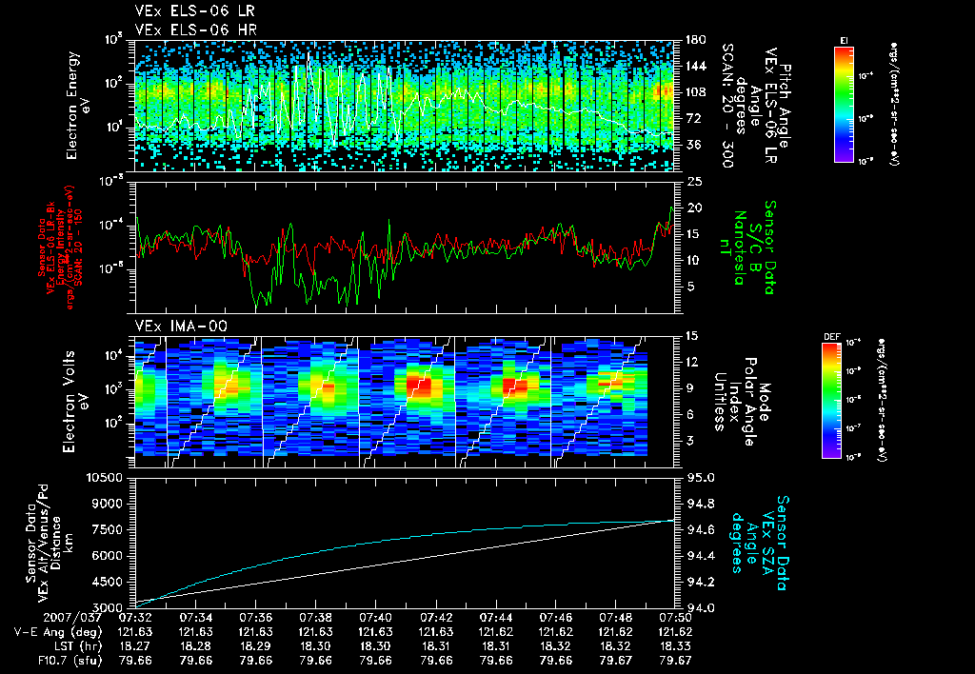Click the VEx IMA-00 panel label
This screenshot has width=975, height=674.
tap(174, 326)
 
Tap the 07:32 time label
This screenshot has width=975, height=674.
tap(136, 618)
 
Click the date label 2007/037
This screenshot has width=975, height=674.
tap(38, 618)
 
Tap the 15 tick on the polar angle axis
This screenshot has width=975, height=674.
tap(692, 335)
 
